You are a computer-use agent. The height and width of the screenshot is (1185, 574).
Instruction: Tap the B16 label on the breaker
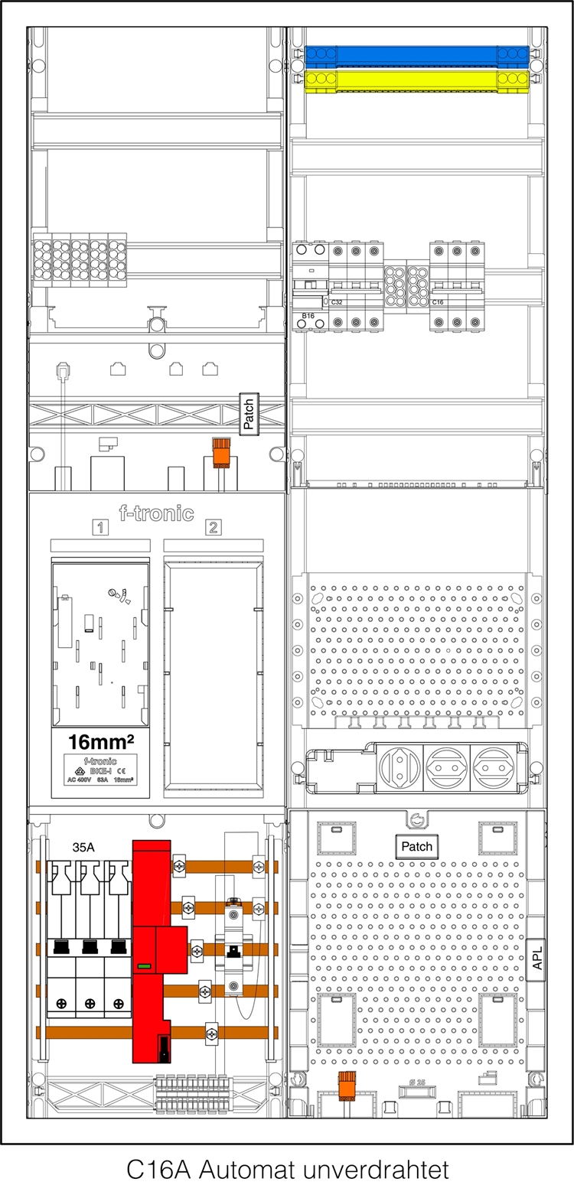[308, 315]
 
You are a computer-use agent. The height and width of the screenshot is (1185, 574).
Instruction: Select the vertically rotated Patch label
[249, 414]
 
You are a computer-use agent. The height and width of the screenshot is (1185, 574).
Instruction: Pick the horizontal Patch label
[416, 846]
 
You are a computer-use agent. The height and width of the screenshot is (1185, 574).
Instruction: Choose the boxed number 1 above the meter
[99, 526]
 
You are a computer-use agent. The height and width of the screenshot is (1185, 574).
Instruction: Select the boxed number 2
[213, 526]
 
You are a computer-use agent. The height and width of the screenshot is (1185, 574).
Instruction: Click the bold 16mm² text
[99, 742]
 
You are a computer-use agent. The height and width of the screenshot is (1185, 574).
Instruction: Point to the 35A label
[84, 848]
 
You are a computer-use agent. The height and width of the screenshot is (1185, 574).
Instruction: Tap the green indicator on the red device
[143, 967]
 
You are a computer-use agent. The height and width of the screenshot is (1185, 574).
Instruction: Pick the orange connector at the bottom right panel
[348, 1083]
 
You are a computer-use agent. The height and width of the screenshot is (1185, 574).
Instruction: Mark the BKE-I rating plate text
[99, 772]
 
